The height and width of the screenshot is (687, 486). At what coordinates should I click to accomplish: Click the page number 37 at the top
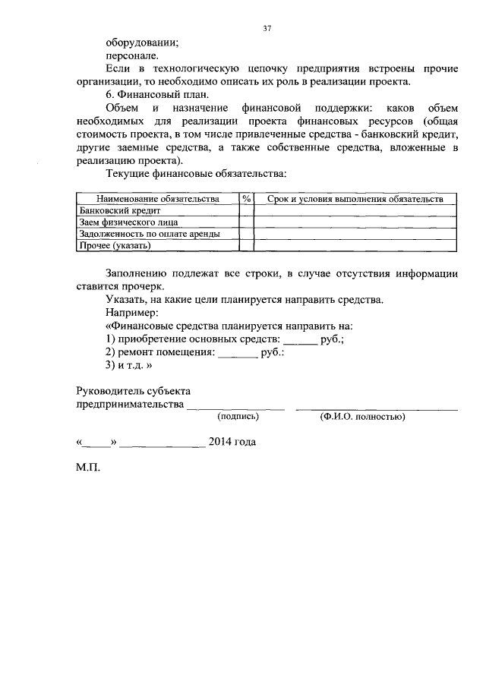pos(267,29)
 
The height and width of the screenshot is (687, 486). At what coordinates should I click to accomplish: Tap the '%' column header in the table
pos(246,198)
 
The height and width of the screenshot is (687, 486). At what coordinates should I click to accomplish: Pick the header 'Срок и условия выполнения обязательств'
pos(355,198)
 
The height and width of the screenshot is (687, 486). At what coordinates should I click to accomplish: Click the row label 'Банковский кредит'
pos(120,210)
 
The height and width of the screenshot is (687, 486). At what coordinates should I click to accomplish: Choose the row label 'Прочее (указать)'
pos(115,246)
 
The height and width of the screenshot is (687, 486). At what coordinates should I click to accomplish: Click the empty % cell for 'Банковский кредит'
pos(246,210)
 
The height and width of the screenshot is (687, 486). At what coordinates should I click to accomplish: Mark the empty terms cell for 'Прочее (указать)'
pos(355,246)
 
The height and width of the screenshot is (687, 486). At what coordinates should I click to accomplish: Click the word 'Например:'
pos(132,312)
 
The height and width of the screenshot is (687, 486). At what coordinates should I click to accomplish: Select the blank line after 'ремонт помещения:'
pos(238,354)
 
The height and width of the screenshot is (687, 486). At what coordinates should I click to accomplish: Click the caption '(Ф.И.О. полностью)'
pos(362,417)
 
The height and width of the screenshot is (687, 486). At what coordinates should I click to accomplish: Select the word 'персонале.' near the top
pos(132,56)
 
